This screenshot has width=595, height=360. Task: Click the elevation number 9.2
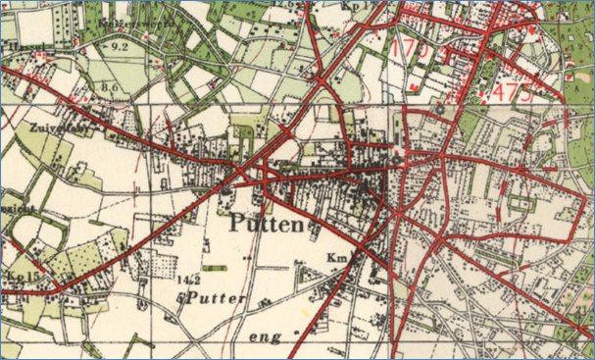click(x=121, y=46)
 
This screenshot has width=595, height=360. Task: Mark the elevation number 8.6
click(x=109, y=88)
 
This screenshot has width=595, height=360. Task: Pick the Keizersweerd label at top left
click(x=124, y=21)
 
